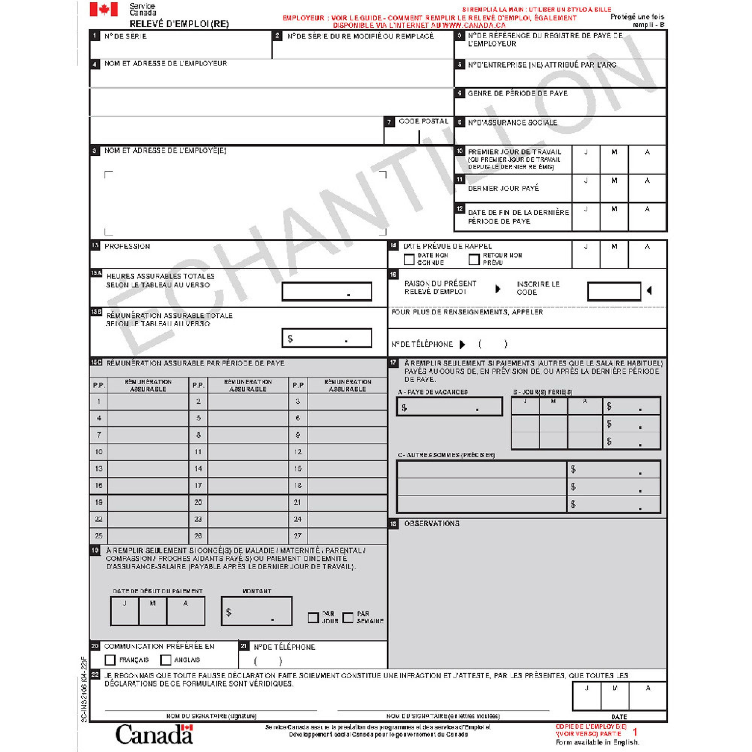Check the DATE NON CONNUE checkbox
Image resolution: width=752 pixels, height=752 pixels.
(x=409, y=259)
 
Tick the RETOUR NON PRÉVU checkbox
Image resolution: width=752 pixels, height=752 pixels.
(x=474, y=259)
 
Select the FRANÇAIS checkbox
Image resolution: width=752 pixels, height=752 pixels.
(x=110, y=660)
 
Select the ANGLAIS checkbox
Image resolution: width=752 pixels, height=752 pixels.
(x=166, y=660)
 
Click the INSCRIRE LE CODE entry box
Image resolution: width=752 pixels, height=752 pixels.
(x=614, y=291)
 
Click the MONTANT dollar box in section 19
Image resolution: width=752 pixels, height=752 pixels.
(x=256, y=611)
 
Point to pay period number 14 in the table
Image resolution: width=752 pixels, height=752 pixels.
(x=198, y=469)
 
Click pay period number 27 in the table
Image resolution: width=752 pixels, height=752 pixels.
(x=298, y=536)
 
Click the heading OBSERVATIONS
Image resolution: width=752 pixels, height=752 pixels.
(x=432, y=524)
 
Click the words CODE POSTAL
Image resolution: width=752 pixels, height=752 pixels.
(x=423, y=121)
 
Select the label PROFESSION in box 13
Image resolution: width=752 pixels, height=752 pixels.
(x=127, y=246)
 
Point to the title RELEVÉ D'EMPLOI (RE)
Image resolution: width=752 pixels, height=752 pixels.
(x=179, y=24)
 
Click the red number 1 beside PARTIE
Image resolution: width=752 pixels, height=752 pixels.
(x=635, y=732)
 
